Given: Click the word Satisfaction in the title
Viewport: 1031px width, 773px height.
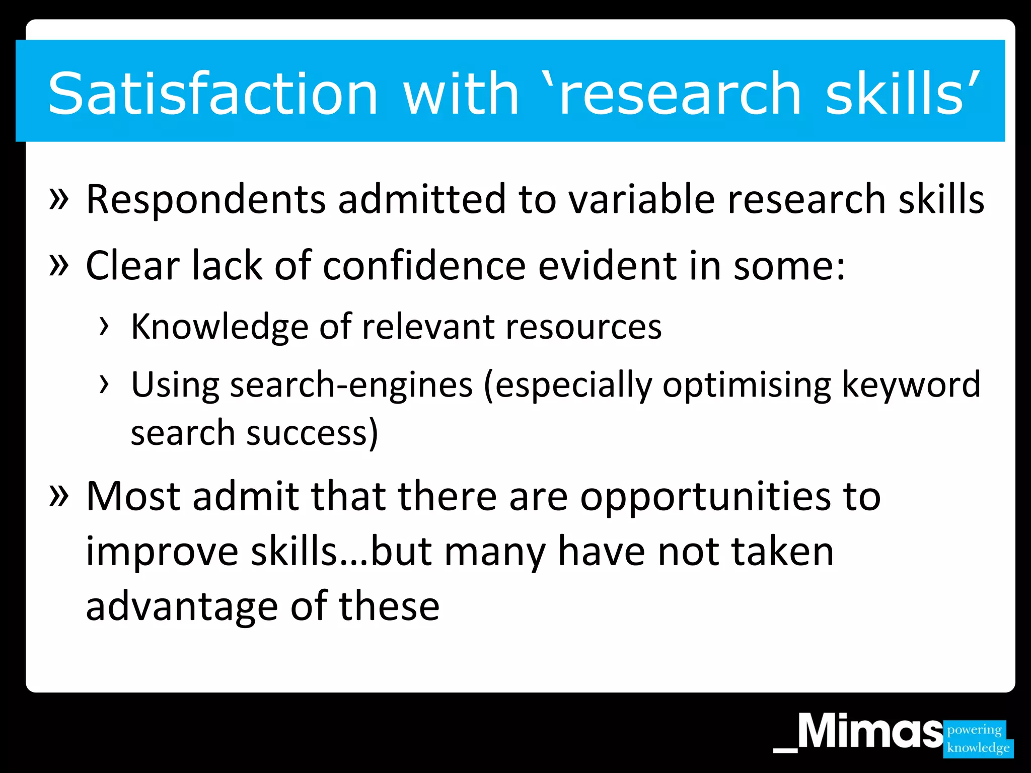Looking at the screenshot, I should [x=212, y=94].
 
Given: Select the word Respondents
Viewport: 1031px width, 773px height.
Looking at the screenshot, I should [x=206, y=200].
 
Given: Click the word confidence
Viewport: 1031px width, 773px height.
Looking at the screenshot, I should [x=424, y=266].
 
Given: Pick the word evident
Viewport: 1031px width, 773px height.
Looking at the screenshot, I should [x=608, y=266].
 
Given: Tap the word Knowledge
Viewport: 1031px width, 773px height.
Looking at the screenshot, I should [x=219, y=328].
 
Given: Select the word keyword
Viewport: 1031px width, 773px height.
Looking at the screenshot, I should [x=911, y=385].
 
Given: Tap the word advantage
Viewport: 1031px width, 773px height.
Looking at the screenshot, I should [x=182, y=606].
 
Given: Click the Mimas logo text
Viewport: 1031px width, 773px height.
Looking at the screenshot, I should [x=870, y=732].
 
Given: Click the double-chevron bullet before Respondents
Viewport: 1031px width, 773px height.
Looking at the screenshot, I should [x=59, y=198].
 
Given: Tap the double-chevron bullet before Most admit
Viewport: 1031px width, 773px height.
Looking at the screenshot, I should [x=59, y=495].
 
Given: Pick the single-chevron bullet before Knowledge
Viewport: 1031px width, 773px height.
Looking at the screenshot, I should [x=104, y=326].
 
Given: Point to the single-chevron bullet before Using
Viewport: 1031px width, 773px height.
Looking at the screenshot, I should [x=104, y=384].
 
